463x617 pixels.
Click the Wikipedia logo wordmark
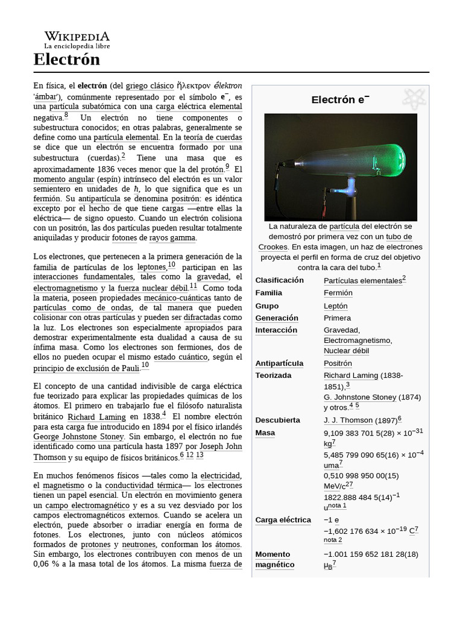[77, 36]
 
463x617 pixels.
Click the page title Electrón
[66, 60]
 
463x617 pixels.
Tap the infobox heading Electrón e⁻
[340, 99]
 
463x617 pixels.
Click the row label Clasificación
[280, 280]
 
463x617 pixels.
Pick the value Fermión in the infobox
[338, 293]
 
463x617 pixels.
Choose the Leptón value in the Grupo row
[335, 305]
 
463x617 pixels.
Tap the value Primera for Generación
[337, 318]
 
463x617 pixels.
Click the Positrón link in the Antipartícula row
[338, 363]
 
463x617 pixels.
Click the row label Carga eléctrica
[283, 520]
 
